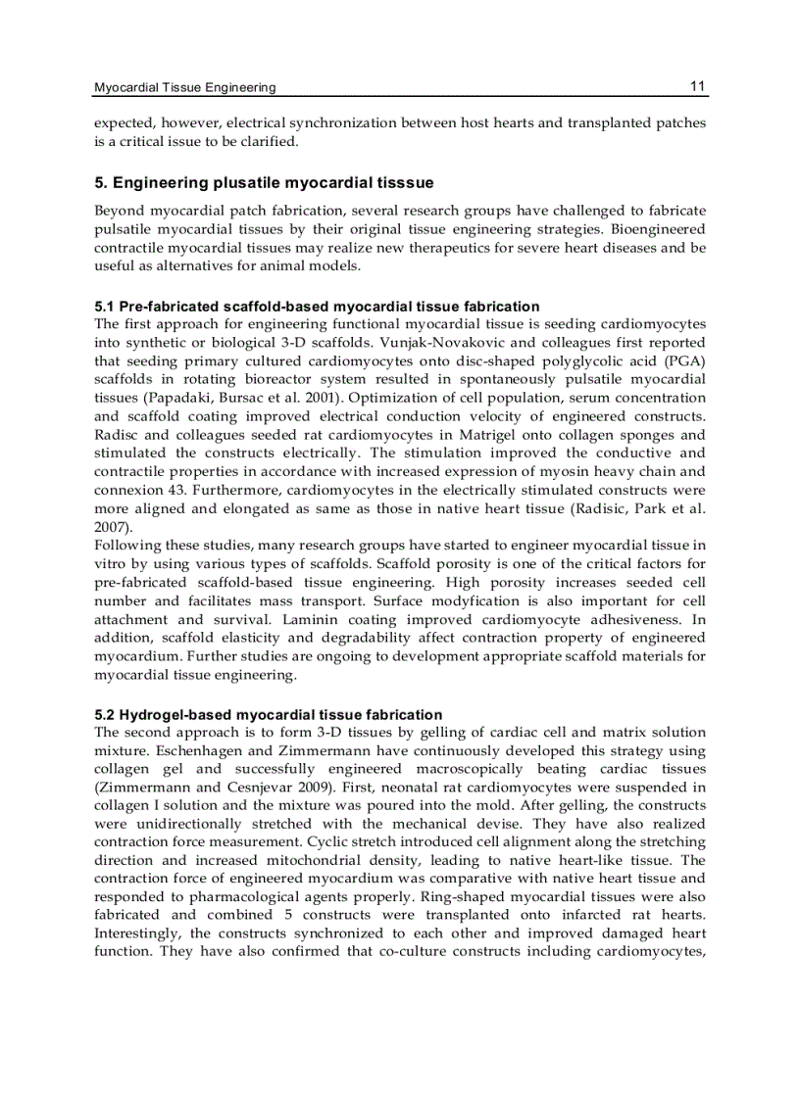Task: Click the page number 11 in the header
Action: point(697,86)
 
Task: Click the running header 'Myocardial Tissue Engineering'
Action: point(184,87)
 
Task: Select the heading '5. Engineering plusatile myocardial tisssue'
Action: point(264,183)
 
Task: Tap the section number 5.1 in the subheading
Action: point(105,307)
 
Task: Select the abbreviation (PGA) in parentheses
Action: point(684,360)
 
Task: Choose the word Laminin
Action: point(311,620)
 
